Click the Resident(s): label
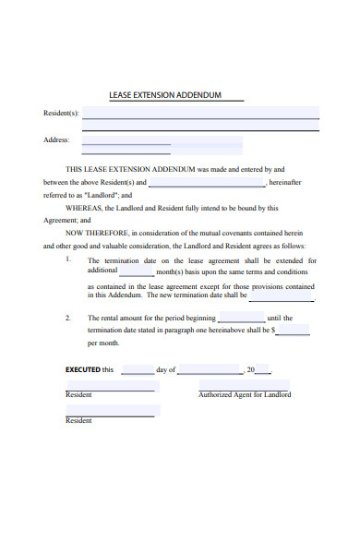coord(62,114)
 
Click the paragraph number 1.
coord(68,260)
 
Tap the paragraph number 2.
coord(68,318)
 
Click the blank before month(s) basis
coord(137,273)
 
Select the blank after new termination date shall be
coord(281,298)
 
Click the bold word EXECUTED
coord(82,369)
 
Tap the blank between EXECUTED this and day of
coord(138,371)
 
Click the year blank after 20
coord(263,371)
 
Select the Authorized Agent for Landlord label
coord(245,395)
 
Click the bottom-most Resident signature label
coord(78,421)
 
